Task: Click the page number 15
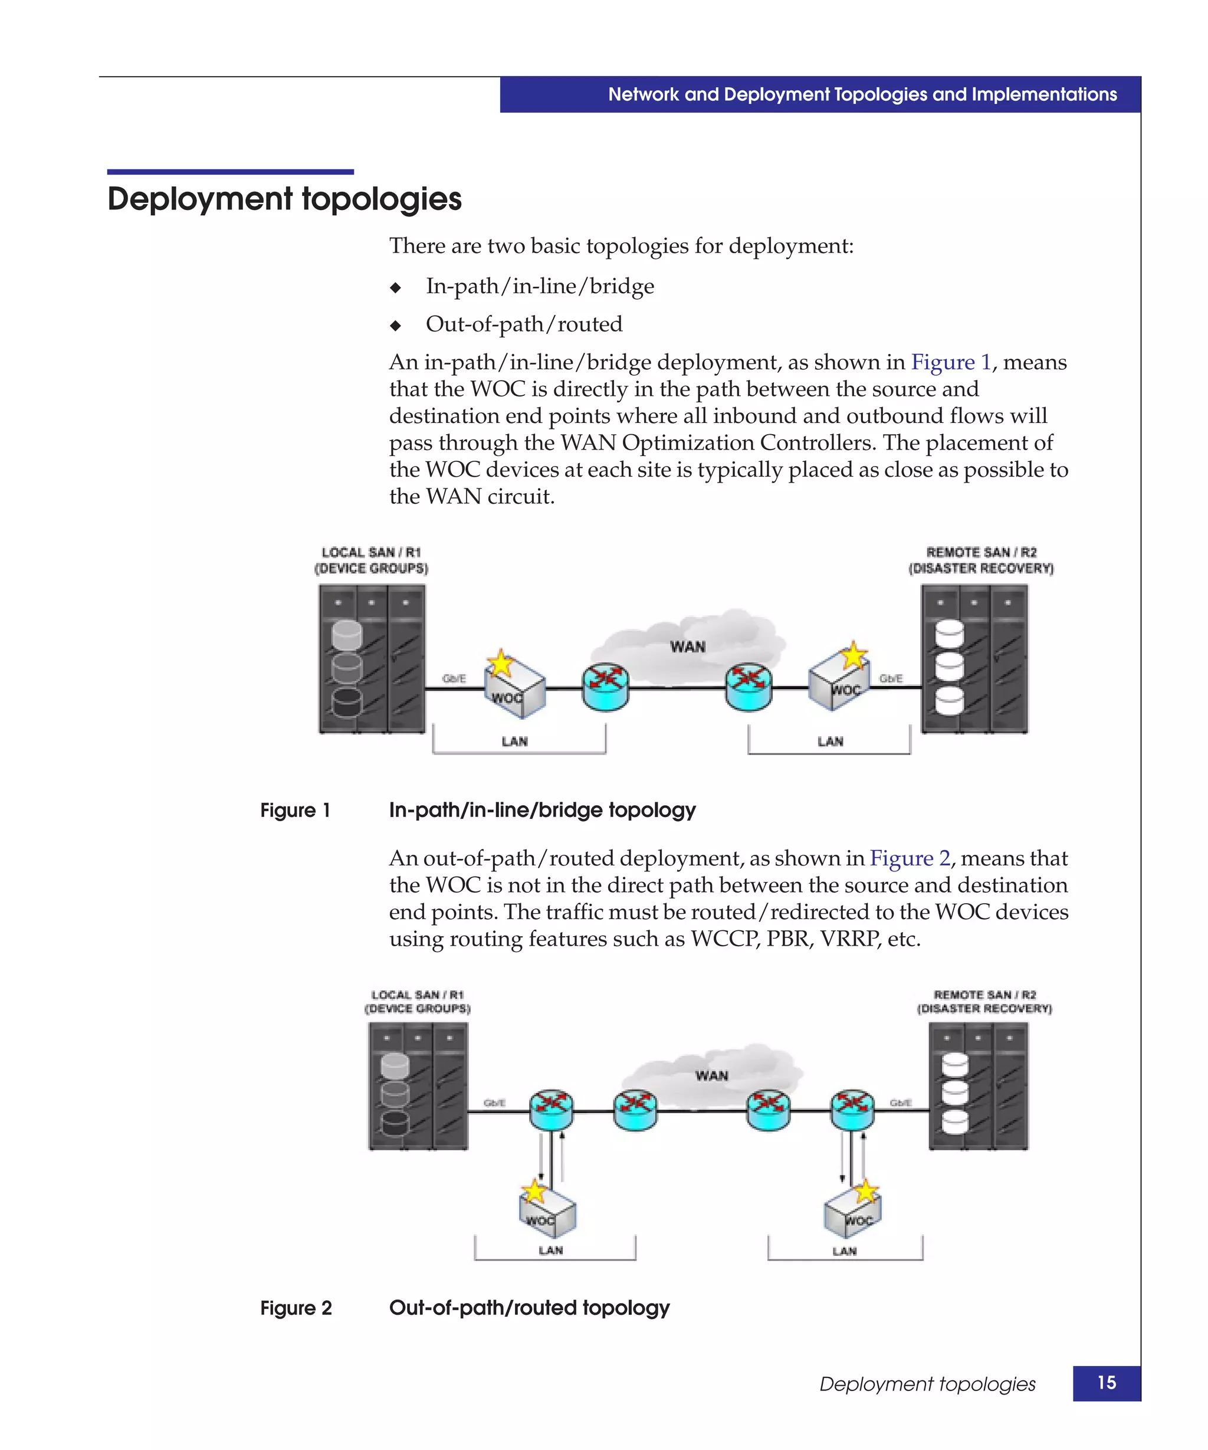[x=1106, y=1382]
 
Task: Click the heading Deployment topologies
[x=284, y=199]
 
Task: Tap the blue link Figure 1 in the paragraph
[x=950, y=362]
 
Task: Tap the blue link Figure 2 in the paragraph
[x=909, y=858]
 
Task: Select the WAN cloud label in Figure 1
[x=688, y=647]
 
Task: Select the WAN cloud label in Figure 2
[x=711, y=1076]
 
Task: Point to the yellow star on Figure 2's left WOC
[x=534, y=1190]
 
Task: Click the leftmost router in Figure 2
[x=551, y=1110]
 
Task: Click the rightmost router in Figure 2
[x=852, y=1110]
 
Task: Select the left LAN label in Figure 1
[x=514, y=742]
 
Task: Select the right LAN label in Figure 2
[x=844, y=1251]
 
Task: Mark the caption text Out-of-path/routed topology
[x=530, y=1308]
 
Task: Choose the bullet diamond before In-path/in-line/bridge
[x=396, y=287]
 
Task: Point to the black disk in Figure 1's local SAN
[x=346, y=702]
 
